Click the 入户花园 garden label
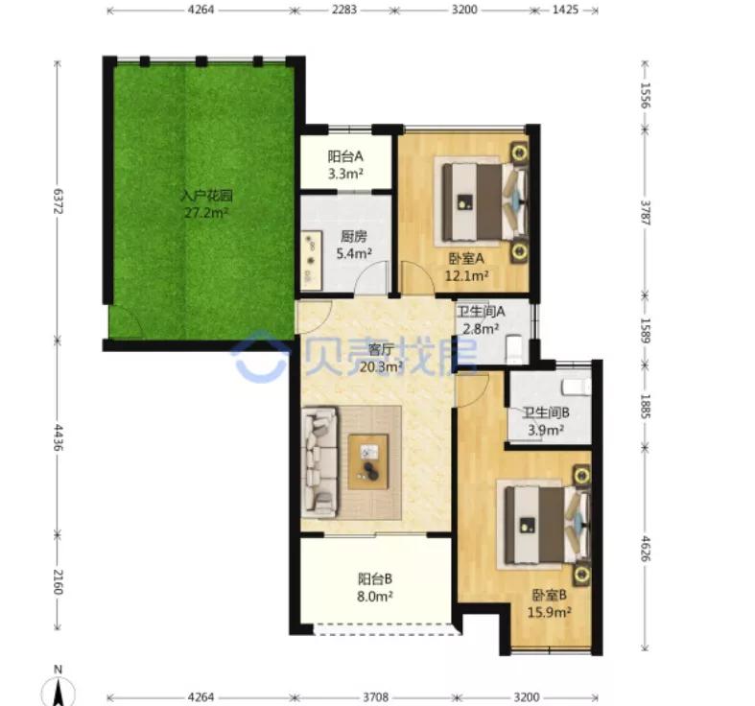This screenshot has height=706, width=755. tap(206, 196)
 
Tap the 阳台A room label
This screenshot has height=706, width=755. tap(345, 156)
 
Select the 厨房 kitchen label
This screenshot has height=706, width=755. tap(353, 237)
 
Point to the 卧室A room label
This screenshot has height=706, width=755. tap(466, 259)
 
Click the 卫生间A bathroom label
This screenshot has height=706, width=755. tap(481, 312)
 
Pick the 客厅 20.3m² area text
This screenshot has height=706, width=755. tap(382, 367)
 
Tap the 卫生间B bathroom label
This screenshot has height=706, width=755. tap(546, 412)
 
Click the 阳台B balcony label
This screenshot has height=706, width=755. tap(375, 578)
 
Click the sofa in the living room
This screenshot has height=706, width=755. tap(319, 461)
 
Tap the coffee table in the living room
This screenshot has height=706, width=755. tap(368, 461)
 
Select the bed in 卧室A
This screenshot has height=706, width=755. tap(484, 201)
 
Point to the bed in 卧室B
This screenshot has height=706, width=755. tap(547, 525)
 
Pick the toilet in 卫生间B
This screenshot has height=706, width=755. tap(576, 387)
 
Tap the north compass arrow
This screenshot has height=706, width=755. tap(59, 693)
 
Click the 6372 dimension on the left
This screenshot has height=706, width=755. tap(58, 200)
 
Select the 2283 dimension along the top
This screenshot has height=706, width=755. tap(343, 10)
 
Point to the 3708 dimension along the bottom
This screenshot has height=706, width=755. tap(376, 696)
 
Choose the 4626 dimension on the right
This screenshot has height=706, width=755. tap(646, 550)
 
